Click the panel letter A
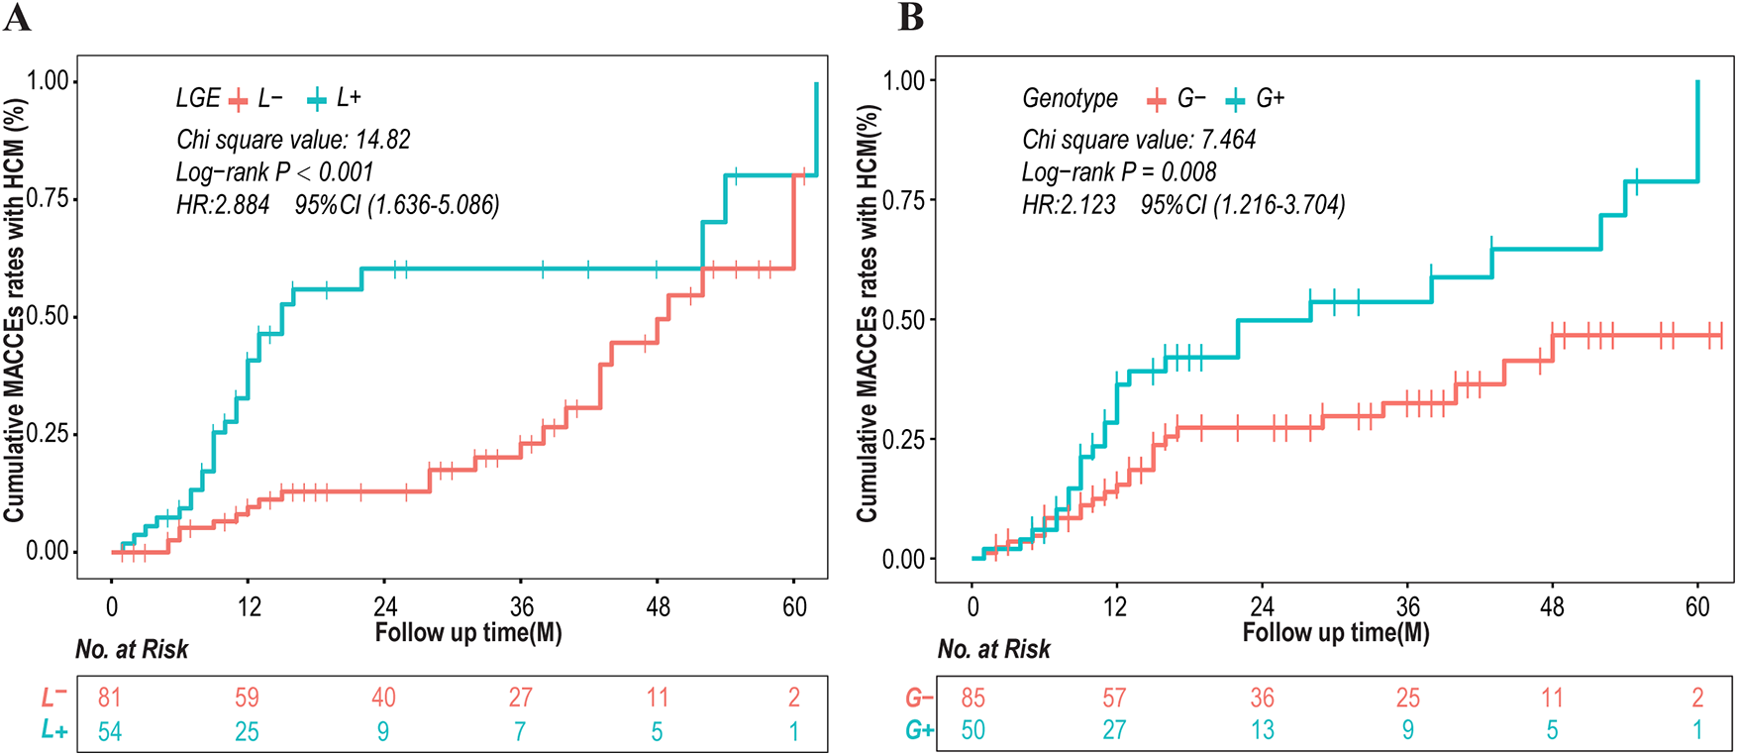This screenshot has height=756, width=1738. (17, 17)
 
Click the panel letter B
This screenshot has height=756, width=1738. (910, 17)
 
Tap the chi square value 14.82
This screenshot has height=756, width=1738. (293, 140)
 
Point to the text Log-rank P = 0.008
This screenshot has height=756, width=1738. (1119, 172)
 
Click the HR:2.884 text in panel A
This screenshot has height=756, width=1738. (223, 205)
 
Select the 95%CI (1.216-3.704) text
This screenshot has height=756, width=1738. (1243, 205)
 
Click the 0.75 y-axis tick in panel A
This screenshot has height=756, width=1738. (48, 199)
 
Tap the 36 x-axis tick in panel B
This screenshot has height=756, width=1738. (1407, 607)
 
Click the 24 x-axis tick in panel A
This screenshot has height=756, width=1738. (384, 607)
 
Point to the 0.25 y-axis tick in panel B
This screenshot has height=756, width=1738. (903, 440)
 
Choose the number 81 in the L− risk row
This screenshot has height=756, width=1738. (109, 698)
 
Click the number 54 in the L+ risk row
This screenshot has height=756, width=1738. (109, 732)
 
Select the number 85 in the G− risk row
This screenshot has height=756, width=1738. (972, 698)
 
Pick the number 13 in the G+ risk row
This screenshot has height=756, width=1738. (1262, 730)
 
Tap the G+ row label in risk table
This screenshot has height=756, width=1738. (919, 730)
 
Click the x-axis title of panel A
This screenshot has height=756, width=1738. (468, 632)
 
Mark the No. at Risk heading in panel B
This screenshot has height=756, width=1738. (993, 650)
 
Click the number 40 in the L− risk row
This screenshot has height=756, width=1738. (383, 698)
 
